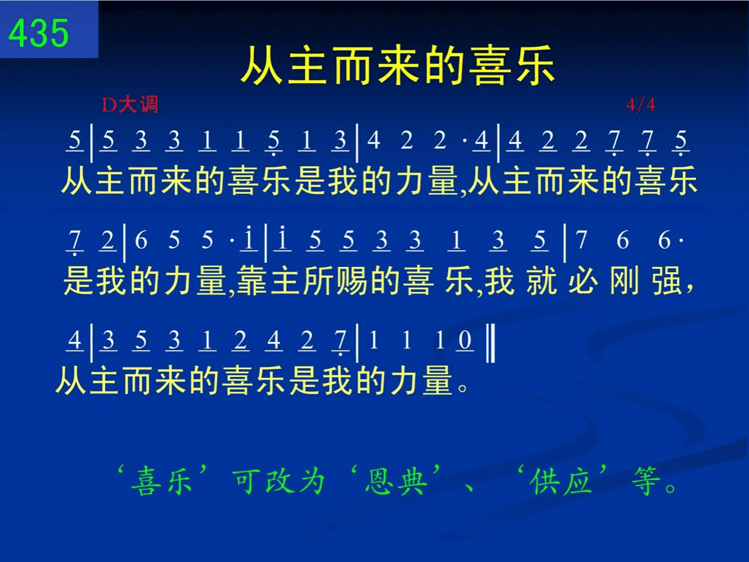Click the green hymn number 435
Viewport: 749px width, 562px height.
(39, 33)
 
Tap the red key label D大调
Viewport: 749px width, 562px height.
(130, 104)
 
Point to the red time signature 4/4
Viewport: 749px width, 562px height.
(641, 105)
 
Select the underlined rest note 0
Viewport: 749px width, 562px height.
(465, 340)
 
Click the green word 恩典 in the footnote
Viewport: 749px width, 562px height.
(396, 481)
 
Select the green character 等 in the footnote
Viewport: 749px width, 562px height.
(645, 481)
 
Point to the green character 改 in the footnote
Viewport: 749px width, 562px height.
(280, 481)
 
